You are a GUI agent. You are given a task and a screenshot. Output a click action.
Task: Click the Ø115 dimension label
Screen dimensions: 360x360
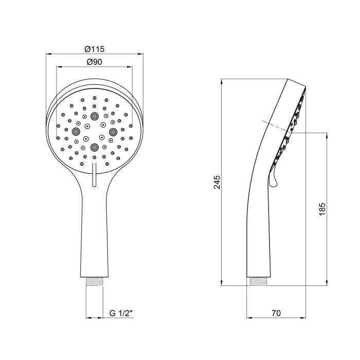94,49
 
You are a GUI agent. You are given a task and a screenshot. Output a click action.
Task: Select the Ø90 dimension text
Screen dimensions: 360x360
94,62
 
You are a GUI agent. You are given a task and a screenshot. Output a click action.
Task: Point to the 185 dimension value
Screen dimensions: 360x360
322,208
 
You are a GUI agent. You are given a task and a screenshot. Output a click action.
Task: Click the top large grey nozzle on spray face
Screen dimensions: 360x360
94,116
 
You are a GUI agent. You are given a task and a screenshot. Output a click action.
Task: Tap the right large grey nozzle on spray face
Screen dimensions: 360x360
113,132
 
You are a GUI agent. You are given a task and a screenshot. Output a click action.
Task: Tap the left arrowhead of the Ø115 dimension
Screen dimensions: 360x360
49,53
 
